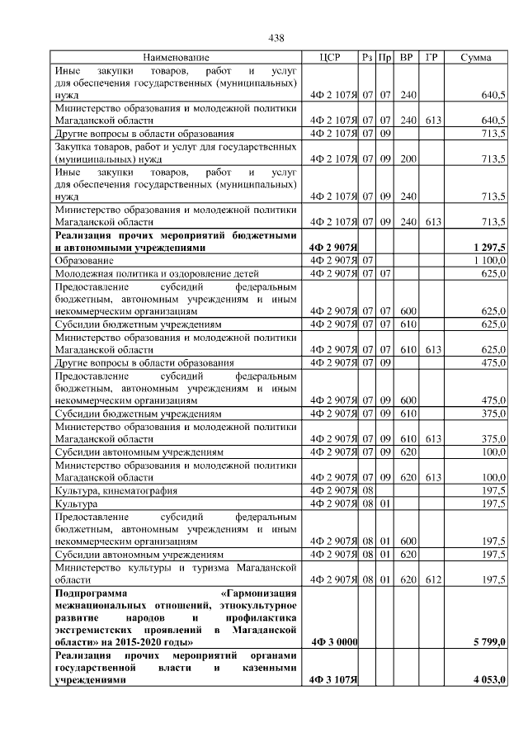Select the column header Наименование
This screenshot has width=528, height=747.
[175, 58]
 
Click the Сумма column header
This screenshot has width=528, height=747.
[476, 58]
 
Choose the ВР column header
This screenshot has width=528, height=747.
[407, 58]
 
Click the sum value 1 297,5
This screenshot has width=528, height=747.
[489, 247]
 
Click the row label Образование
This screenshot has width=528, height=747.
[86, 260]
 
